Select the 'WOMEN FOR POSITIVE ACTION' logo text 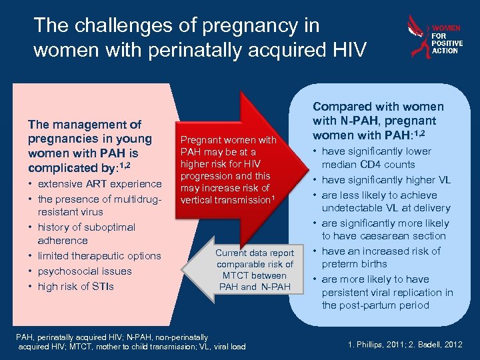pyautogui.click(x=445, y=39)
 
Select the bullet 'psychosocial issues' pyautogui.click(x=85, y=271)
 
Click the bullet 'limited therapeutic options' pyautogui.click(x=99, y=256)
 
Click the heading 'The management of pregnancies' pyautogui.click(x=84, y=125)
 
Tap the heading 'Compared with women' pyautogui.click(x=378, y=107)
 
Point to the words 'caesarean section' pyautogui.click(x=384, y=236)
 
